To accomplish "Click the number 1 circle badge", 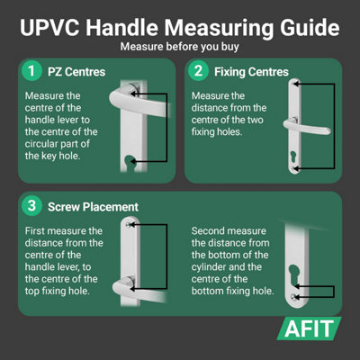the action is tap(31, 71).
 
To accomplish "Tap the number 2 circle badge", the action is tap(198, 71).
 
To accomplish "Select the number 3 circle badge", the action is tap(31, 206).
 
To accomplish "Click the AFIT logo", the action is tap(309, 328).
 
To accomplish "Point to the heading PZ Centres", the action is tap(76, 72).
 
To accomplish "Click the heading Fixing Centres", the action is tap(251, 72).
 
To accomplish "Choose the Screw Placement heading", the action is tap(93, 207).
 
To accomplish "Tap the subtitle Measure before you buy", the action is tap(180, 47).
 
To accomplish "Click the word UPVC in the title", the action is tap(49, 28).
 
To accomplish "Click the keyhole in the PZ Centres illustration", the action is tap(130, 163).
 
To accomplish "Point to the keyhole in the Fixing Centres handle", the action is tap(293, 157).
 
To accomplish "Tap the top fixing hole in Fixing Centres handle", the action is tap(295, 84).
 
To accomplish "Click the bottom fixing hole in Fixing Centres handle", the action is tap(294, 168).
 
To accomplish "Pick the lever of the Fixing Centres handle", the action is tap(307, 127).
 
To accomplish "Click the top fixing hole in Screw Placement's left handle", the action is tap(129, 225).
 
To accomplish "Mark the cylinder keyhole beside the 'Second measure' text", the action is tap(293, 274).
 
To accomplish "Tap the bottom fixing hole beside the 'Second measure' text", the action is tap(293, 297).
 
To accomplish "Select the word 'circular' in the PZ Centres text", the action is tap(42, 144).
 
